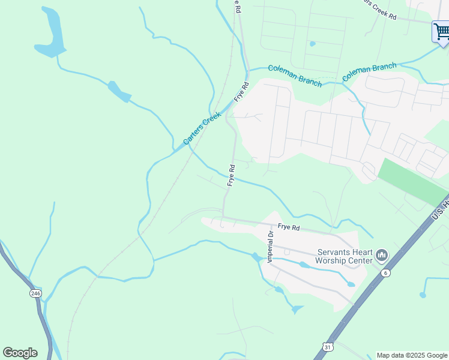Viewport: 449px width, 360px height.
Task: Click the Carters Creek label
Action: click(202, 129)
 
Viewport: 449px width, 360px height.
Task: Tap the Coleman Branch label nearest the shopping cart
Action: click(369, 72)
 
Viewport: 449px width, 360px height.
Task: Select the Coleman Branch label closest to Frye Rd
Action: click(295, 75)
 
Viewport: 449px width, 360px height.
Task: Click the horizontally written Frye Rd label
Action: click(288, 228)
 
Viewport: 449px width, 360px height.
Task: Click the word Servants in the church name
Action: click(334, 253)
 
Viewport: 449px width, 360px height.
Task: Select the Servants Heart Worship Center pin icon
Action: click(382, 257)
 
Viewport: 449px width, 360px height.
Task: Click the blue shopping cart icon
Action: click(441, 31)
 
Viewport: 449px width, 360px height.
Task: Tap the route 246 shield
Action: click(35, 293)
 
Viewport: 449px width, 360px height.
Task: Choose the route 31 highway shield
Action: click(327, 347)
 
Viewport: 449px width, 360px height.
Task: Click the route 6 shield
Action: click(385, 273)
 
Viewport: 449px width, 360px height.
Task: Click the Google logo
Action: click(20, 353)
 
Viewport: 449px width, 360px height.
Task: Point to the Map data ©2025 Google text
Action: click(412, 355)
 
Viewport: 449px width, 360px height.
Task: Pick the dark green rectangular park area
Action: click(413, 181)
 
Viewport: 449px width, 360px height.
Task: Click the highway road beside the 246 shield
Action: click(42, 312)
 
